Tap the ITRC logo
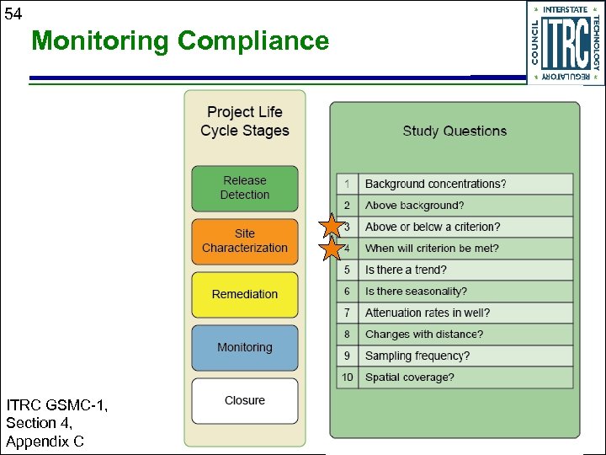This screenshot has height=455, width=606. (x=565, y=42)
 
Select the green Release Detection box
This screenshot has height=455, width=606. (x=245, y=188)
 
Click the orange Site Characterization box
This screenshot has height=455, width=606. (x=245, y=241)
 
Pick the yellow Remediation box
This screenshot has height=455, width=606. (x=245, y=294)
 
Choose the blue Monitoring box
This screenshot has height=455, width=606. (x=245, y=347)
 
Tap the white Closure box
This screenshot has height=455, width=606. (x=245, y=400)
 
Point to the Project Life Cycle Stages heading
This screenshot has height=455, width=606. (x=245, y=121)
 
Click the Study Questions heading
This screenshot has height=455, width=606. (x=454, y=131)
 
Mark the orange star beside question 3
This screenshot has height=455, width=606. (x=332, y=226)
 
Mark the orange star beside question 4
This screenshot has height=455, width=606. (x=332, y=249)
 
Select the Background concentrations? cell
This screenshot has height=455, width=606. (x=435, y=184)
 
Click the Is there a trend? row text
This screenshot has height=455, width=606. (x=406, y=270)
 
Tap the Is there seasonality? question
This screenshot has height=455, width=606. (x=416, y=292)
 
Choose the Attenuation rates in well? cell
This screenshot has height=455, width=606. (x=427, y=313)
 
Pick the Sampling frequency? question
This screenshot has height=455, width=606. (x=417, y=356)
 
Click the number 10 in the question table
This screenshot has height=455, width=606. (x=347, y=377)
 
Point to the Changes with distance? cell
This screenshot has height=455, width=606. (x=424, y=335)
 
